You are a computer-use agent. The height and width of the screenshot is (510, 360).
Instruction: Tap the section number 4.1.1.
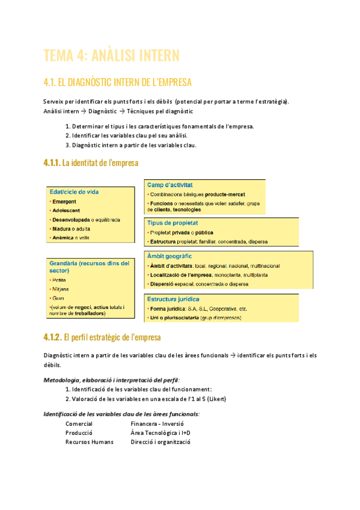[x=52, y=162]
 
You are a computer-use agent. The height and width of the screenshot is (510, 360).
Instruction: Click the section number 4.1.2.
[x=52, y=337]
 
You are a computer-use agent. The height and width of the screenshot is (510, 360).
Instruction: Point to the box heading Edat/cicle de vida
[x=74, y=192]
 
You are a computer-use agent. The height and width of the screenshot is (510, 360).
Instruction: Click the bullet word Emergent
[x=64, y=201]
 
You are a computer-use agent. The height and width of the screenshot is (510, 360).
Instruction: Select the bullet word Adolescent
[x=66, y=210]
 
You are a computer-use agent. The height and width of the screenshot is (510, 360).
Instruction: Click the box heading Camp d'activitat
[x=174, y=185]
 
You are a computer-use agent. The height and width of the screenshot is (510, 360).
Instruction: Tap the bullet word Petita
[x=59, y=280]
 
